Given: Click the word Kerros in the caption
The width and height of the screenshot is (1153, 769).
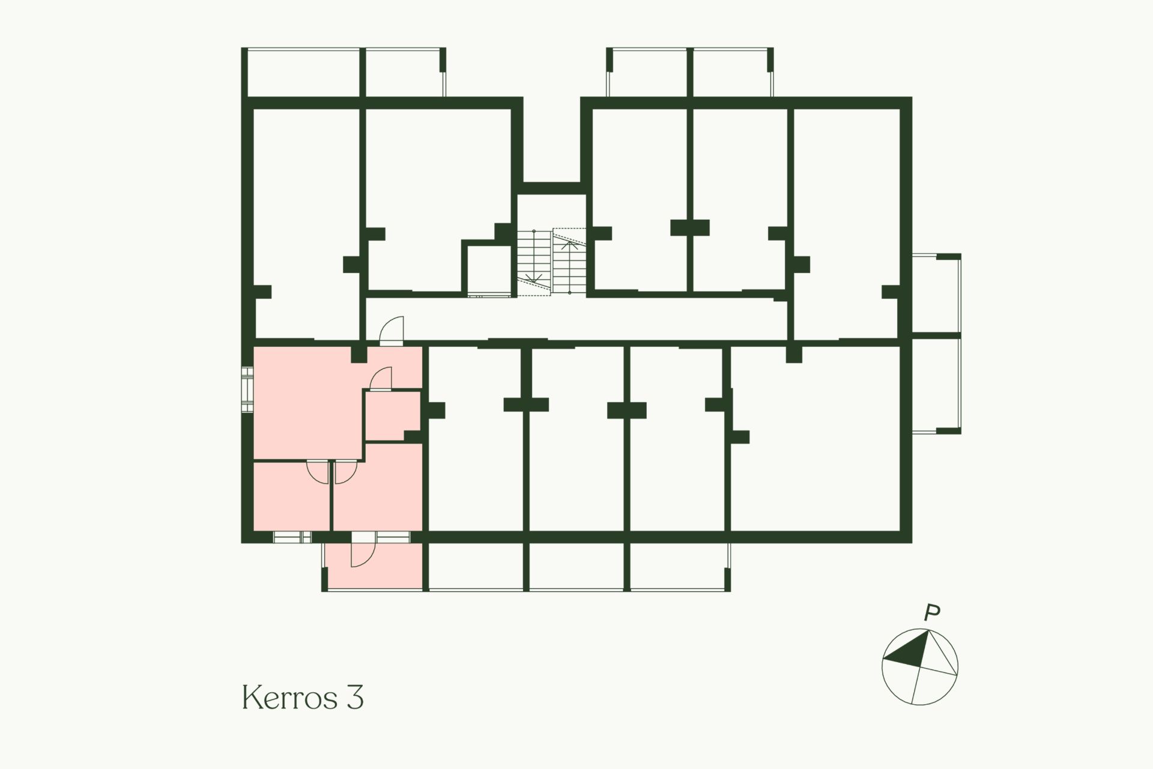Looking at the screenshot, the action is tap(291, 698).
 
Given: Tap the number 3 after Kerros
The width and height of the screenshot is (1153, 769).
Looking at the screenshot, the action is tap(355, 698).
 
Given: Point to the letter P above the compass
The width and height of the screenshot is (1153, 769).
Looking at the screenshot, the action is tap(932, 613).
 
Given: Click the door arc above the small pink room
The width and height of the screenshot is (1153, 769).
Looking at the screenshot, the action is tap(380, 378).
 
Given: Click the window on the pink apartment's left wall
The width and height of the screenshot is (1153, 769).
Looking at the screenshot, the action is tap(247, 390).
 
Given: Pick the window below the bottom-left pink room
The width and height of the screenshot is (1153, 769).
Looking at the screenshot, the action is tap(292, 537).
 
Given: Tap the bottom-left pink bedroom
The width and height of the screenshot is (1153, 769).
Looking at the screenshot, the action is tap(291, 496).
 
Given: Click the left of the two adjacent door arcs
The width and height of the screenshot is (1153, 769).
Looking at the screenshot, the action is tap(318, 472).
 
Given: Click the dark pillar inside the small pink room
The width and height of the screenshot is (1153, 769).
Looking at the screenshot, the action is tap(413, 435).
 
